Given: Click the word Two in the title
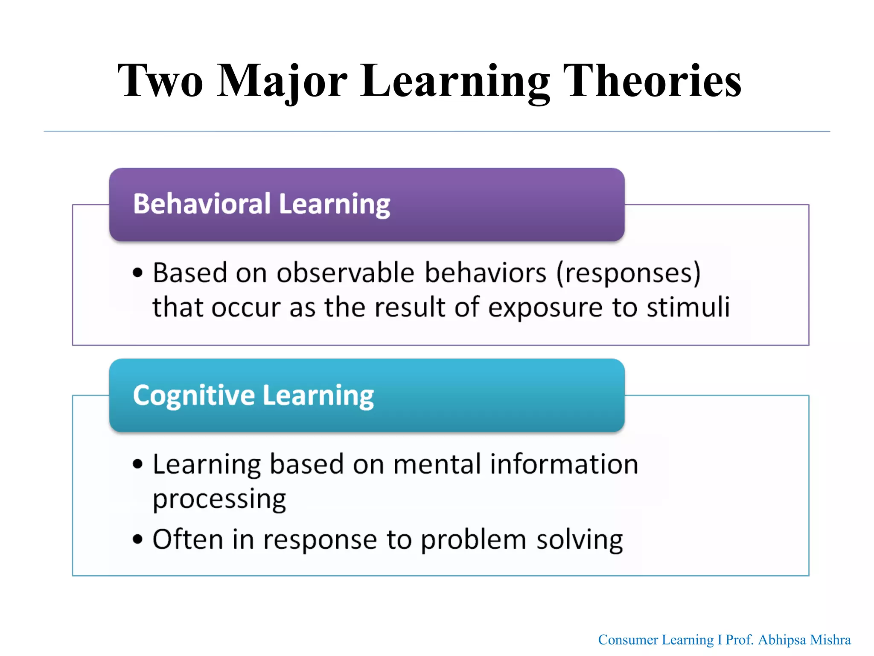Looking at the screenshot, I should tap(160, 81).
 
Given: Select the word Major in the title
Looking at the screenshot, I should tap(282, 81).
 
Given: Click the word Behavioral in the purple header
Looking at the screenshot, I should tap(201, 204).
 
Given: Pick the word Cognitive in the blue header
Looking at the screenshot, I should tap(194, 395).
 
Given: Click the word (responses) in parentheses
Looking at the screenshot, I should tap(628, 273).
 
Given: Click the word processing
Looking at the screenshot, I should tap(219, 499).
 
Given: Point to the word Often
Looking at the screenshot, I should tap(188, 539).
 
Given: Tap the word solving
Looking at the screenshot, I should tap(580, 540).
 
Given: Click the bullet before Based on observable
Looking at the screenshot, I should tap(137, 273).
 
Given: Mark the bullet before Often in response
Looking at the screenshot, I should tap(137, 539).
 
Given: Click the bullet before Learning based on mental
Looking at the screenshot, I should tap(137, 464).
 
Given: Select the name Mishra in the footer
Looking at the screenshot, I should tap(830, 640).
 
